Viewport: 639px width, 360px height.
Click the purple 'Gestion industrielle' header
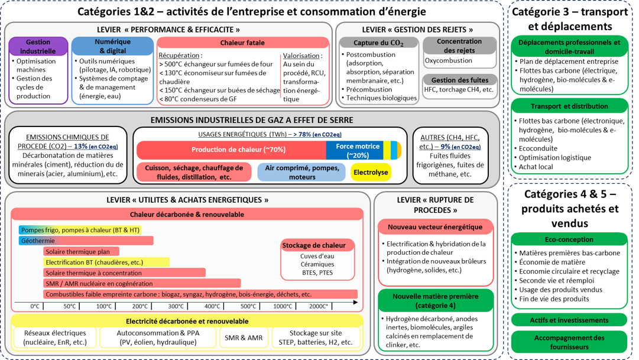pyautogui.click(x=38, y=47)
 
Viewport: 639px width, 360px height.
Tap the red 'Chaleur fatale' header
pyautogui.click(x=242, y=43)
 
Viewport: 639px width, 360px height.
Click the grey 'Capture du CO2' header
pyautogui.click(x=378, y=43)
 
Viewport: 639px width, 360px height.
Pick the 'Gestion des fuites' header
pyautogui.click(x=459, y=80)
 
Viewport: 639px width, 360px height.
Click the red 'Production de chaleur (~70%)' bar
pyautogui.click(x=231, y=150)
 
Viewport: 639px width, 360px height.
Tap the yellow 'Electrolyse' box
pyautogui.click(x=371, y=173)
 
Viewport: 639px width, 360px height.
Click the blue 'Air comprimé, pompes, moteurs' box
pyautogui.click(x=301, y=173)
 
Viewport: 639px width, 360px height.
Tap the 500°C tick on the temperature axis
pyautogui.click(x=248, y=306)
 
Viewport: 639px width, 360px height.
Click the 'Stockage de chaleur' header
pyautogui.click(x=317, y=245)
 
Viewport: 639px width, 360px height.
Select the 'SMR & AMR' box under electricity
pyautogui.click(x=243, y=338)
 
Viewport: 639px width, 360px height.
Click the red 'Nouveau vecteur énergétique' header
pyautogui.click(x=435, y=227)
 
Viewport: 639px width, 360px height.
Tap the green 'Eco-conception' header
pyautogui.click(x=569, y=239)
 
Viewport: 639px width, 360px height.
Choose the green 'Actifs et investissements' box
pyautogui.click(x=569, y=320)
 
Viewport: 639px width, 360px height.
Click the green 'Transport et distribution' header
pyautogui.click(x=569, y=106)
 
